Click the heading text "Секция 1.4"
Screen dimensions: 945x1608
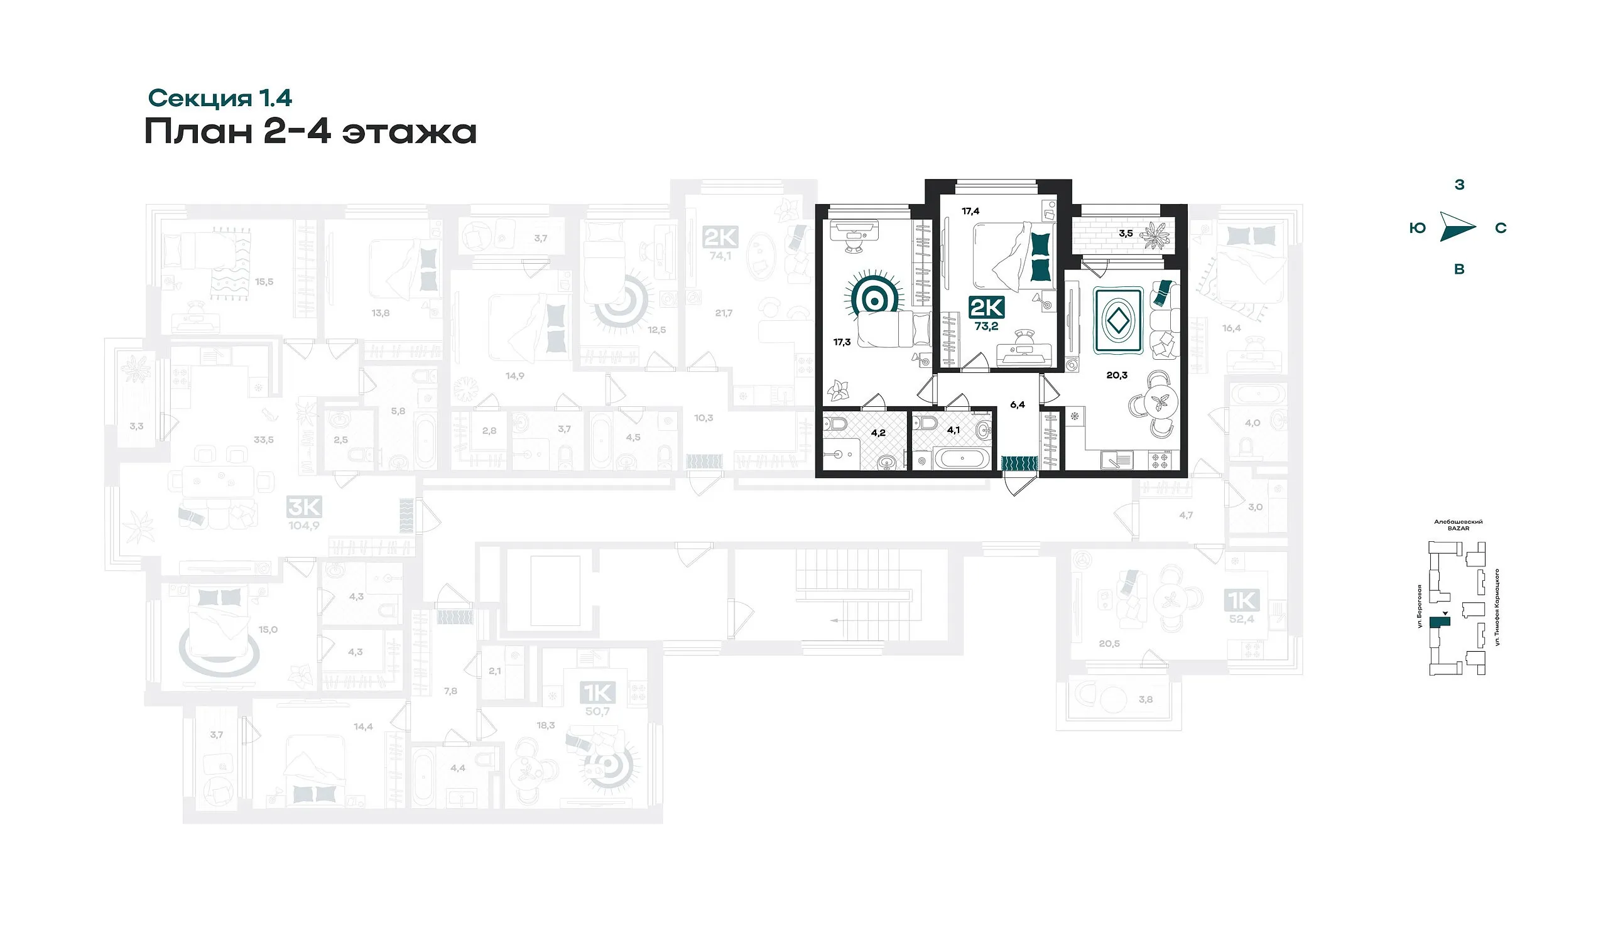[219, 98]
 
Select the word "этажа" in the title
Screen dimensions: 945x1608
[409, 132]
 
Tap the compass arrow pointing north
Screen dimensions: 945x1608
[1457, 228]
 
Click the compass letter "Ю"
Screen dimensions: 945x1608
[1417, 229]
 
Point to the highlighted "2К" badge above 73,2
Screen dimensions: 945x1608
[986, 308]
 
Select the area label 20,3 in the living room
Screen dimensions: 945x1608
[1117, 375]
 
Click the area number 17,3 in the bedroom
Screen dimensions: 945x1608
[842, 342]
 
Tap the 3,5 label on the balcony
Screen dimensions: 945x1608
[1126, 234]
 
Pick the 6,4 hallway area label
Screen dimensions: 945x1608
[1018, 404]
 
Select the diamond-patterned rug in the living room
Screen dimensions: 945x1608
[1117, 321]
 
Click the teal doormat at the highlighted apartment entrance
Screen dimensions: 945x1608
[1019, 463]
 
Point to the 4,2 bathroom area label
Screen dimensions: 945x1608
[878, 433]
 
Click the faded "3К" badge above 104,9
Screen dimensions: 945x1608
[305, 507]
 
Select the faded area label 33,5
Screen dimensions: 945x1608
[264, 440]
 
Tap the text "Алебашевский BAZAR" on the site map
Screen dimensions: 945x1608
[1458, 524]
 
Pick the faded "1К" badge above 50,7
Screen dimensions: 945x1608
[597, 693]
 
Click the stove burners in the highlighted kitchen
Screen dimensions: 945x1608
[1160, 460]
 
